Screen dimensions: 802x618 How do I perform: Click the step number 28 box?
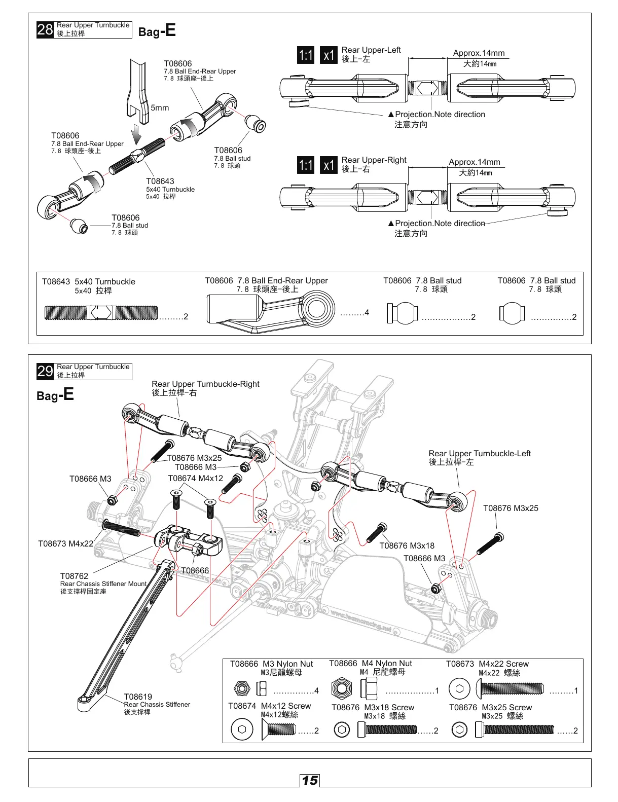coord(45,29)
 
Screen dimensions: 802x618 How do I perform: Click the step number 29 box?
coord(45,371)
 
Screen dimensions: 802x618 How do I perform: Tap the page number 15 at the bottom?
coord(310,780)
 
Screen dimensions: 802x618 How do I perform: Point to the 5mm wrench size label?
coord(160,108)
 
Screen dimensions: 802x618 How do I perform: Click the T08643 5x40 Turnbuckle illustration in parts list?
coord(101,313)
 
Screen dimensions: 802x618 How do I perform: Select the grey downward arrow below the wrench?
coord(135,135)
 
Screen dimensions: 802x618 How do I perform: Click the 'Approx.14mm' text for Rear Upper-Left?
coord(479,53)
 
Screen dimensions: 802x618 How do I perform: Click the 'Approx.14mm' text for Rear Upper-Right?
coord(474,162)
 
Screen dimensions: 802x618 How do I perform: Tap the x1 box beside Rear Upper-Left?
coord(329,55)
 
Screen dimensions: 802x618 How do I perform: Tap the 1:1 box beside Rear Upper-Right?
coord(306,165)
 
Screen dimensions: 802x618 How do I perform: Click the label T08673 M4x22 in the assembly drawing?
coord(66,544)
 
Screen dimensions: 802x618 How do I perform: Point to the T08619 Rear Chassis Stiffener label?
coord(138,697)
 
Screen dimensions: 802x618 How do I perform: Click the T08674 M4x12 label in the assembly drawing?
coord(195,478)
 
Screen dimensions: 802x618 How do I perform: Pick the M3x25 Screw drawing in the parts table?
coord(515,730)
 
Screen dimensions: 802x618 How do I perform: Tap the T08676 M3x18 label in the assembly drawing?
coord(407,546)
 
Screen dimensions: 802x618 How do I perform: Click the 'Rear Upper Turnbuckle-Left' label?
coord(479,454)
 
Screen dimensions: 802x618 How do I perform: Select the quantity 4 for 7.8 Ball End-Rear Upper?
coord(367,313)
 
